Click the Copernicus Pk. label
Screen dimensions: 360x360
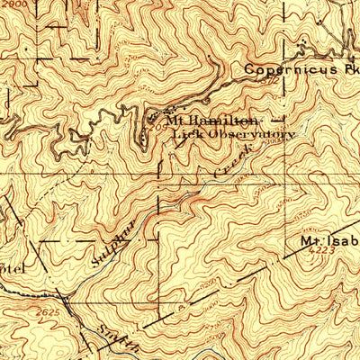301,69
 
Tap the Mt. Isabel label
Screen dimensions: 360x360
329,243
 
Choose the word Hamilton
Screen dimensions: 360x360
226,120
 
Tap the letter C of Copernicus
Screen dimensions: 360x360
248,69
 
